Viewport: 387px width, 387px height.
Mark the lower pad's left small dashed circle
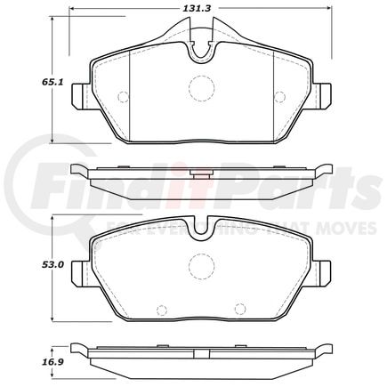(x=161, y=310)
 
